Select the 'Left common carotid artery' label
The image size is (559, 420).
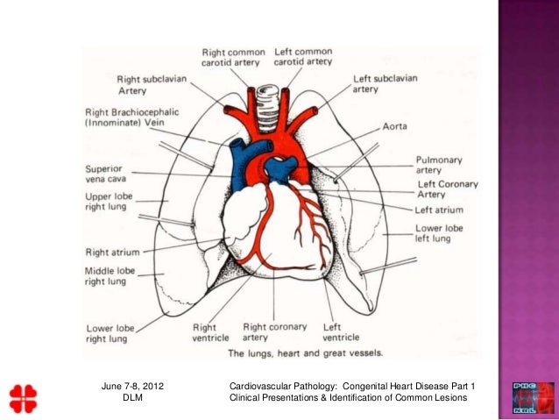coord(303,57)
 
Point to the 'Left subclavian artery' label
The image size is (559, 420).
coord(385,83)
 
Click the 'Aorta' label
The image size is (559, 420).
coord(394,127)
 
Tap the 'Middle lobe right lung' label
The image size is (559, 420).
coord(109,277)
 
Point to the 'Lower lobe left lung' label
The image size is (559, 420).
coord(439,234)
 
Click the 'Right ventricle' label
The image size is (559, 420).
coord(211,332)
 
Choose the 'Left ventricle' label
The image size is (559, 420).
coord(341,332)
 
